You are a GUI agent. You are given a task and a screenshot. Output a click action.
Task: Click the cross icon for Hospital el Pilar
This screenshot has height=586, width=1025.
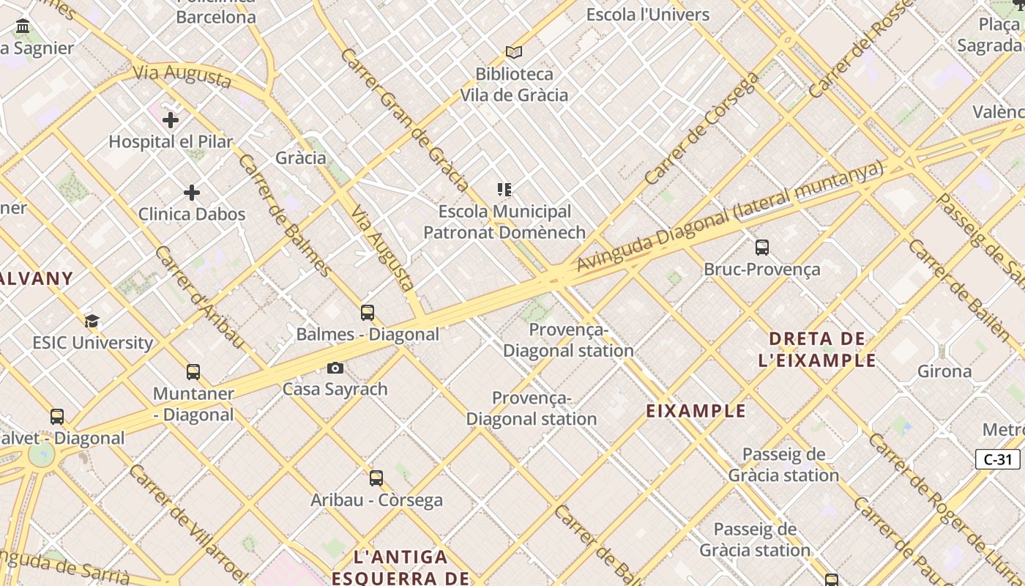(171, 119)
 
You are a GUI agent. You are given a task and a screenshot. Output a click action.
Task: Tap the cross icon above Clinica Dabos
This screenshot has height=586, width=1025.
(192, 193)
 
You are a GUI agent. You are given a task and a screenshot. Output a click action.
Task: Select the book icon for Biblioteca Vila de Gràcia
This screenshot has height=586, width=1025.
(514, 52)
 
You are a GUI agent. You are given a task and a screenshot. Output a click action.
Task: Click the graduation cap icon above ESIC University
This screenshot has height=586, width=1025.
(92, 321)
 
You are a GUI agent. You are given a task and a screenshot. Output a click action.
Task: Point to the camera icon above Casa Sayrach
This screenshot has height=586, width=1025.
(335, 368)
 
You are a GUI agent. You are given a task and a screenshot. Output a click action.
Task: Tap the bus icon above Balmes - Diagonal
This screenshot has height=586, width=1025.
(368, 313)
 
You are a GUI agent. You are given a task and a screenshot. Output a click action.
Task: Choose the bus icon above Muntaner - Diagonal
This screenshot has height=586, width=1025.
(193, 372)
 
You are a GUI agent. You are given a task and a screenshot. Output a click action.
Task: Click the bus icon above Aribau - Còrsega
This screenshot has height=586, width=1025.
(376, 478)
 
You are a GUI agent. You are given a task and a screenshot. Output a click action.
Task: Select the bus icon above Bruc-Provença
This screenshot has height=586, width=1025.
(762, 248)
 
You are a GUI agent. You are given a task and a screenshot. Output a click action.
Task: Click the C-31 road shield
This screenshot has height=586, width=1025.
(997, 459)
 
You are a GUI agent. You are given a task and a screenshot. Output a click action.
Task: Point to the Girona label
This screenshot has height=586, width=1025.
(944, 371)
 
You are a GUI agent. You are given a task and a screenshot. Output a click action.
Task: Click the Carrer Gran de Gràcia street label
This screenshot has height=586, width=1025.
(403, 119)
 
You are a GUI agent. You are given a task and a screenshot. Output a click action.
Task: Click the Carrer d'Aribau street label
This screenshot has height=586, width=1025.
(198, 297)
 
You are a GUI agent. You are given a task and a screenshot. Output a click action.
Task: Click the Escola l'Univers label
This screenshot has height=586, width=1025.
(648, 15)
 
